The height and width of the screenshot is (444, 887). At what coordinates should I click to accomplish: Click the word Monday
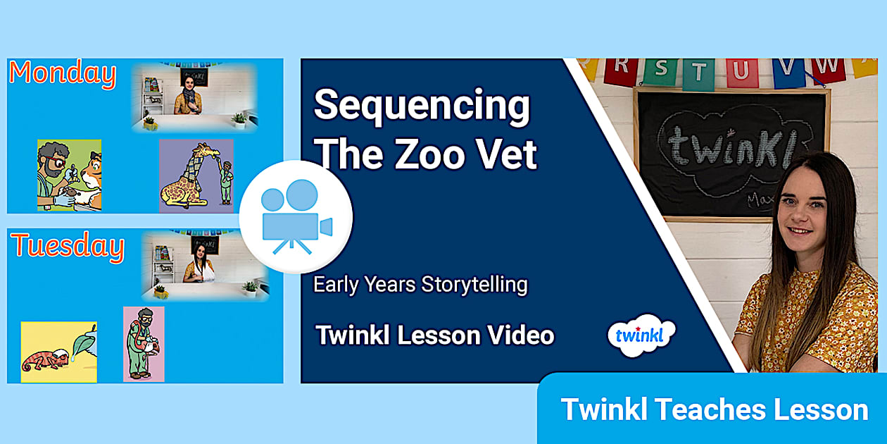click(x=63, y=74)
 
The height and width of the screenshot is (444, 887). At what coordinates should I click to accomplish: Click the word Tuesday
click(x=68, y=247)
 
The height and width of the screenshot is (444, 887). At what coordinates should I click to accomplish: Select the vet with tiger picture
click(x=69, y=175)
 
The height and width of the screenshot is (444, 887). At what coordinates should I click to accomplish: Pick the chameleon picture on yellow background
click(x=58, y=352)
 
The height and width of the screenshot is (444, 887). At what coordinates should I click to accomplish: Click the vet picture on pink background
click(x=144, y=344)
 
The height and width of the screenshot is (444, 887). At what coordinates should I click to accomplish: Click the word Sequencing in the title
click(x=422, y=106)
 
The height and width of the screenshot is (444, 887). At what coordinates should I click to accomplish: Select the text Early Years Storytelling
click(x=420, y=285)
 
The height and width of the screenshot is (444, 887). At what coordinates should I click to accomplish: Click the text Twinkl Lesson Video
click(x=434, y=335)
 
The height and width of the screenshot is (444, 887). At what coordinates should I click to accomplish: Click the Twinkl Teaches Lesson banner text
click(x=714, y=409)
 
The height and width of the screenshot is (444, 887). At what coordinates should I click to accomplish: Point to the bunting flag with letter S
click(x=660, y=69)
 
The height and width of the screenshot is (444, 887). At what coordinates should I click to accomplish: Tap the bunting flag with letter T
click(x=699, y=73)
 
